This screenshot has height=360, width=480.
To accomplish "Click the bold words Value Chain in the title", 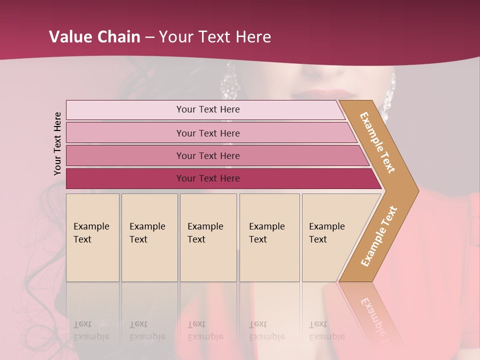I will (x=94, y=37).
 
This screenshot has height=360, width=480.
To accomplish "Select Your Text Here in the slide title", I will (x=215, y=37).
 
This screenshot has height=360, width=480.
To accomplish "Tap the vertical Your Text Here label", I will (x=57, y=144).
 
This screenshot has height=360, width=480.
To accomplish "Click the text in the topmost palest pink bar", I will (x=208, y=109).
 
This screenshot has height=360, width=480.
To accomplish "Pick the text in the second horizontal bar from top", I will (x=208, y=133).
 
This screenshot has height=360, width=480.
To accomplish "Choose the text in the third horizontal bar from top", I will (x=208, y=156).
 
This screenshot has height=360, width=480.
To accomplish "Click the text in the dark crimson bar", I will (x=208, y=178).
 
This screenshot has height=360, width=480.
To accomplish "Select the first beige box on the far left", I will (x=92, y=237).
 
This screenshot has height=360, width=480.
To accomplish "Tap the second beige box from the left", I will (x=149, y=237).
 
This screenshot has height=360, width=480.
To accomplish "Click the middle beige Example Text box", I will (x=208, y=237).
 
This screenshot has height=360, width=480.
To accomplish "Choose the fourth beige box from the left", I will (x=269, y=237).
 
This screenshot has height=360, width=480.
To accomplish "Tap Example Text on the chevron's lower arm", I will (x=379, y=236).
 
